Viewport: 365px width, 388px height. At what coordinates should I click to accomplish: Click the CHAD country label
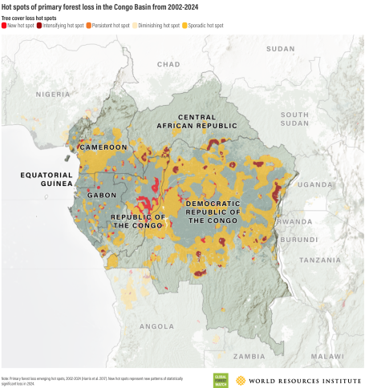(x=168, y=64)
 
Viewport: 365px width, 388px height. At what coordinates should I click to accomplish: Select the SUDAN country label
(x=281, y=48)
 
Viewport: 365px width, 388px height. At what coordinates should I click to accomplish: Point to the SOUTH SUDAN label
(x=294, y=119)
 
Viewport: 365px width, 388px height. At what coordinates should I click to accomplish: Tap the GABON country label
(x=91, y=195)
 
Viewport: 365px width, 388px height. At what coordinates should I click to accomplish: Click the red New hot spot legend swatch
(x=5, y=26)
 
